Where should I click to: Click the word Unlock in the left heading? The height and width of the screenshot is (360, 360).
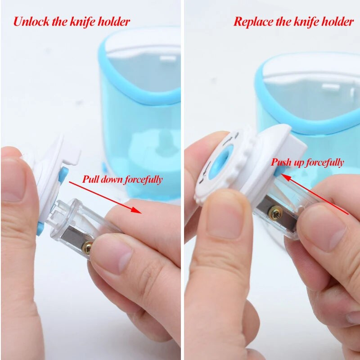[31, 22]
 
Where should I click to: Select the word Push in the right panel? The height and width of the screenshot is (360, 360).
[281, 162]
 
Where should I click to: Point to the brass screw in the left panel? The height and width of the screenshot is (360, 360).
[87, 247]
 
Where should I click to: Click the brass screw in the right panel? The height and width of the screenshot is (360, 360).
[275, 213]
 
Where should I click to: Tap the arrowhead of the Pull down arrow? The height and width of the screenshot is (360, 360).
[137, 210]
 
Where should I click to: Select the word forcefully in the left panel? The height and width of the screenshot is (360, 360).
[144, 179]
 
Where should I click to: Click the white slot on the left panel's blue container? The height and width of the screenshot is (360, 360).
[168, 58]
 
